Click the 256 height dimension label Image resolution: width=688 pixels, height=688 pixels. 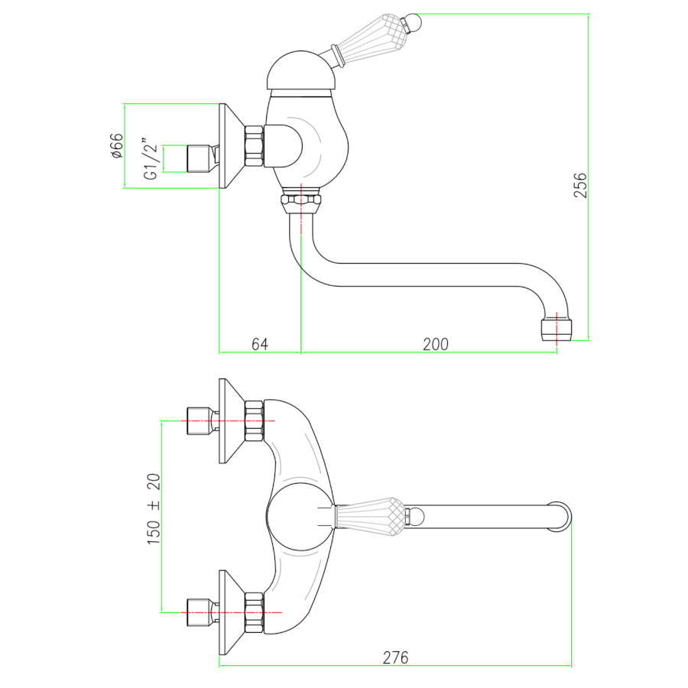[x=581, y=185]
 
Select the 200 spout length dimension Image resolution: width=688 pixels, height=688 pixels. [x=436, y=344]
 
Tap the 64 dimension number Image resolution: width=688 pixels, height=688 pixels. [x=260, y=344]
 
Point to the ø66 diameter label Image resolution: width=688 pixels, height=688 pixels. [x=116, y=145]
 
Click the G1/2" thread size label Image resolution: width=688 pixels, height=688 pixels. [x=151, y=159]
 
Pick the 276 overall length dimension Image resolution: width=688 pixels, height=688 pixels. [x=395, y=657]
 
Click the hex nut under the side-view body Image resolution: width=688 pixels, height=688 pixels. [x=301, y=203]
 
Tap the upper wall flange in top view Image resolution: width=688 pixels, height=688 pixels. [x=228, y=420]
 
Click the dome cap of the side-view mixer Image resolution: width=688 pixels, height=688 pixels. [x=302, y=72]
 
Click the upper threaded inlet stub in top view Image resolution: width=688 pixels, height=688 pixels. [x=200, y=420]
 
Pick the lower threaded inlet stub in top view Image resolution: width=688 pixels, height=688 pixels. [x=200, y=612]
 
